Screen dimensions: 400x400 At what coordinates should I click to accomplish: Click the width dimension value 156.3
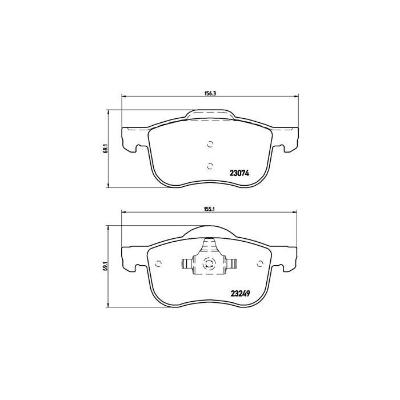point(209,93)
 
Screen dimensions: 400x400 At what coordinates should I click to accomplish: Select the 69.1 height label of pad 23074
point(105,149)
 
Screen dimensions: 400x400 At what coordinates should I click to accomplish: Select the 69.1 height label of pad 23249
point(105,265)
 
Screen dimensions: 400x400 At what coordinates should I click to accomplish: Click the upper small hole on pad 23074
point(210,144)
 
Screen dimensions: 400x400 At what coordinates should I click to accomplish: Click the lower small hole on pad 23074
point(210,166)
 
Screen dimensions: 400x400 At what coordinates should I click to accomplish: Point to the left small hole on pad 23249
point(159,263)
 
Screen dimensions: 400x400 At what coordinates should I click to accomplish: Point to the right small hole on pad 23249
point(259,263)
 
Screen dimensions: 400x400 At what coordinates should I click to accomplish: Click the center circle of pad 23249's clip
point(210,263)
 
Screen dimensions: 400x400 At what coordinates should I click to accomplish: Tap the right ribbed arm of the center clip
point(231,263)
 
